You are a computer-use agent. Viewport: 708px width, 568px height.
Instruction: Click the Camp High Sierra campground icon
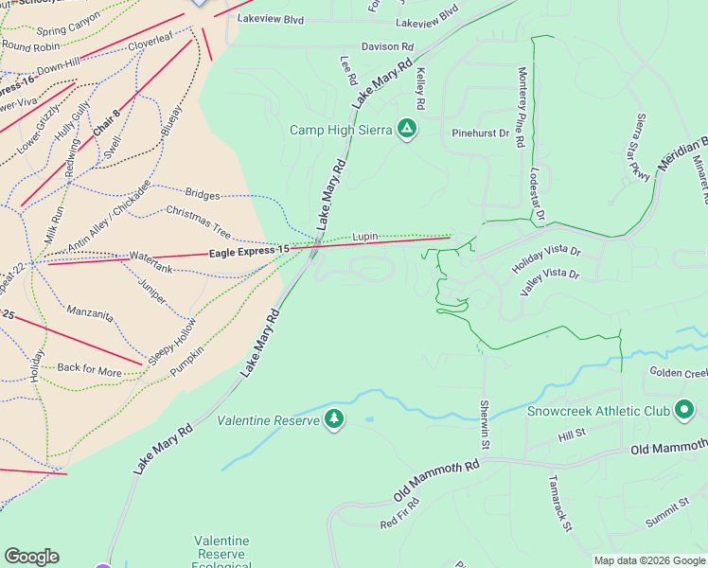click(x=407, y=129)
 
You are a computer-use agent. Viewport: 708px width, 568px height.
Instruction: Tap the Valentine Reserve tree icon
click(x=333, y=419)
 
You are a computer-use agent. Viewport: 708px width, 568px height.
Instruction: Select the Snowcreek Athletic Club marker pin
click(x=684, y=411)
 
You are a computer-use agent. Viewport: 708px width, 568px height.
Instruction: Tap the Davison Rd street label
click(x=388, y=45)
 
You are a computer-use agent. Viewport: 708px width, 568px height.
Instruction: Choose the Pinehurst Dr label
click(x=481, y=134)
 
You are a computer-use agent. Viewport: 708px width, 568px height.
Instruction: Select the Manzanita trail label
click(x=90, y=311)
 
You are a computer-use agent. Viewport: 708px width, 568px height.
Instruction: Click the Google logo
click(x=31, y=557)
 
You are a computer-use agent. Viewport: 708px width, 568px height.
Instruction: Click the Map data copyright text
click(x=648, y=560)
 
